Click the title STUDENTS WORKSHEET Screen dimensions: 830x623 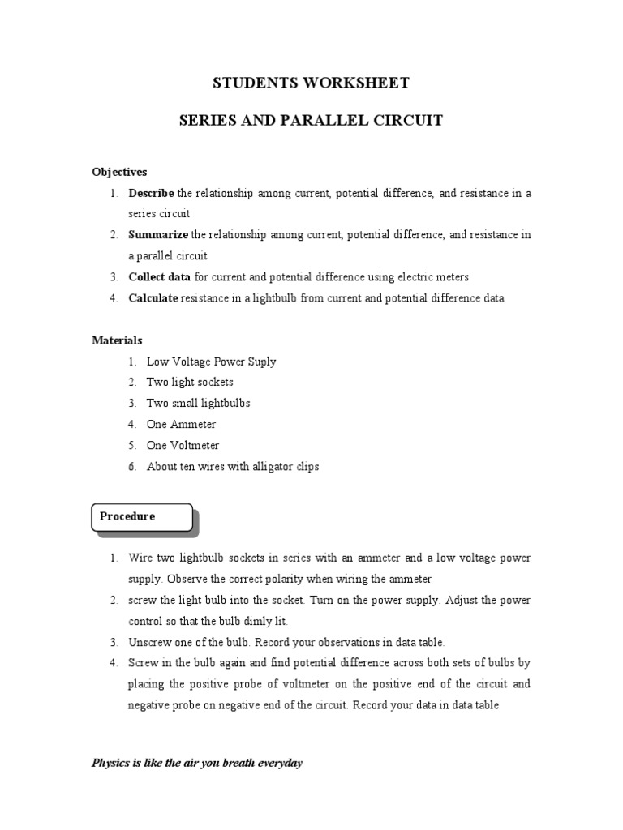(x=311, y=83)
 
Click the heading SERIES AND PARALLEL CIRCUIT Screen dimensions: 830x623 (x=311, y=121)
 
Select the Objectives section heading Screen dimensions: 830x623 (x=119, y=172)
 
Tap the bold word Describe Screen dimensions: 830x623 (x=151, y=194)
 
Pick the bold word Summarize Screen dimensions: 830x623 (x=157, y=235)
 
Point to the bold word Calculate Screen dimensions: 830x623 (x=153, y=298)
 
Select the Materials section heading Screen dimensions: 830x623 (x=117, y=340)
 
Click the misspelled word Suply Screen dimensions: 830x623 (x=261, y=362)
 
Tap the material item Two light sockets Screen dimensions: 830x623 (x=190, y=382)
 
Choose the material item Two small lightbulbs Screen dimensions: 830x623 (x=198, y=403)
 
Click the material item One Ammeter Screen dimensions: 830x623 (x=181, y=424)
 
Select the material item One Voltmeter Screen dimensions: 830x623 (x=183, y=445)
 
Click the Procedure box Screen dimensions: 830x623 (x=142, y=517)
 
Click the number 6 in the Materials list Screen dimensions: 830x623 (x=131, y=466)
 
